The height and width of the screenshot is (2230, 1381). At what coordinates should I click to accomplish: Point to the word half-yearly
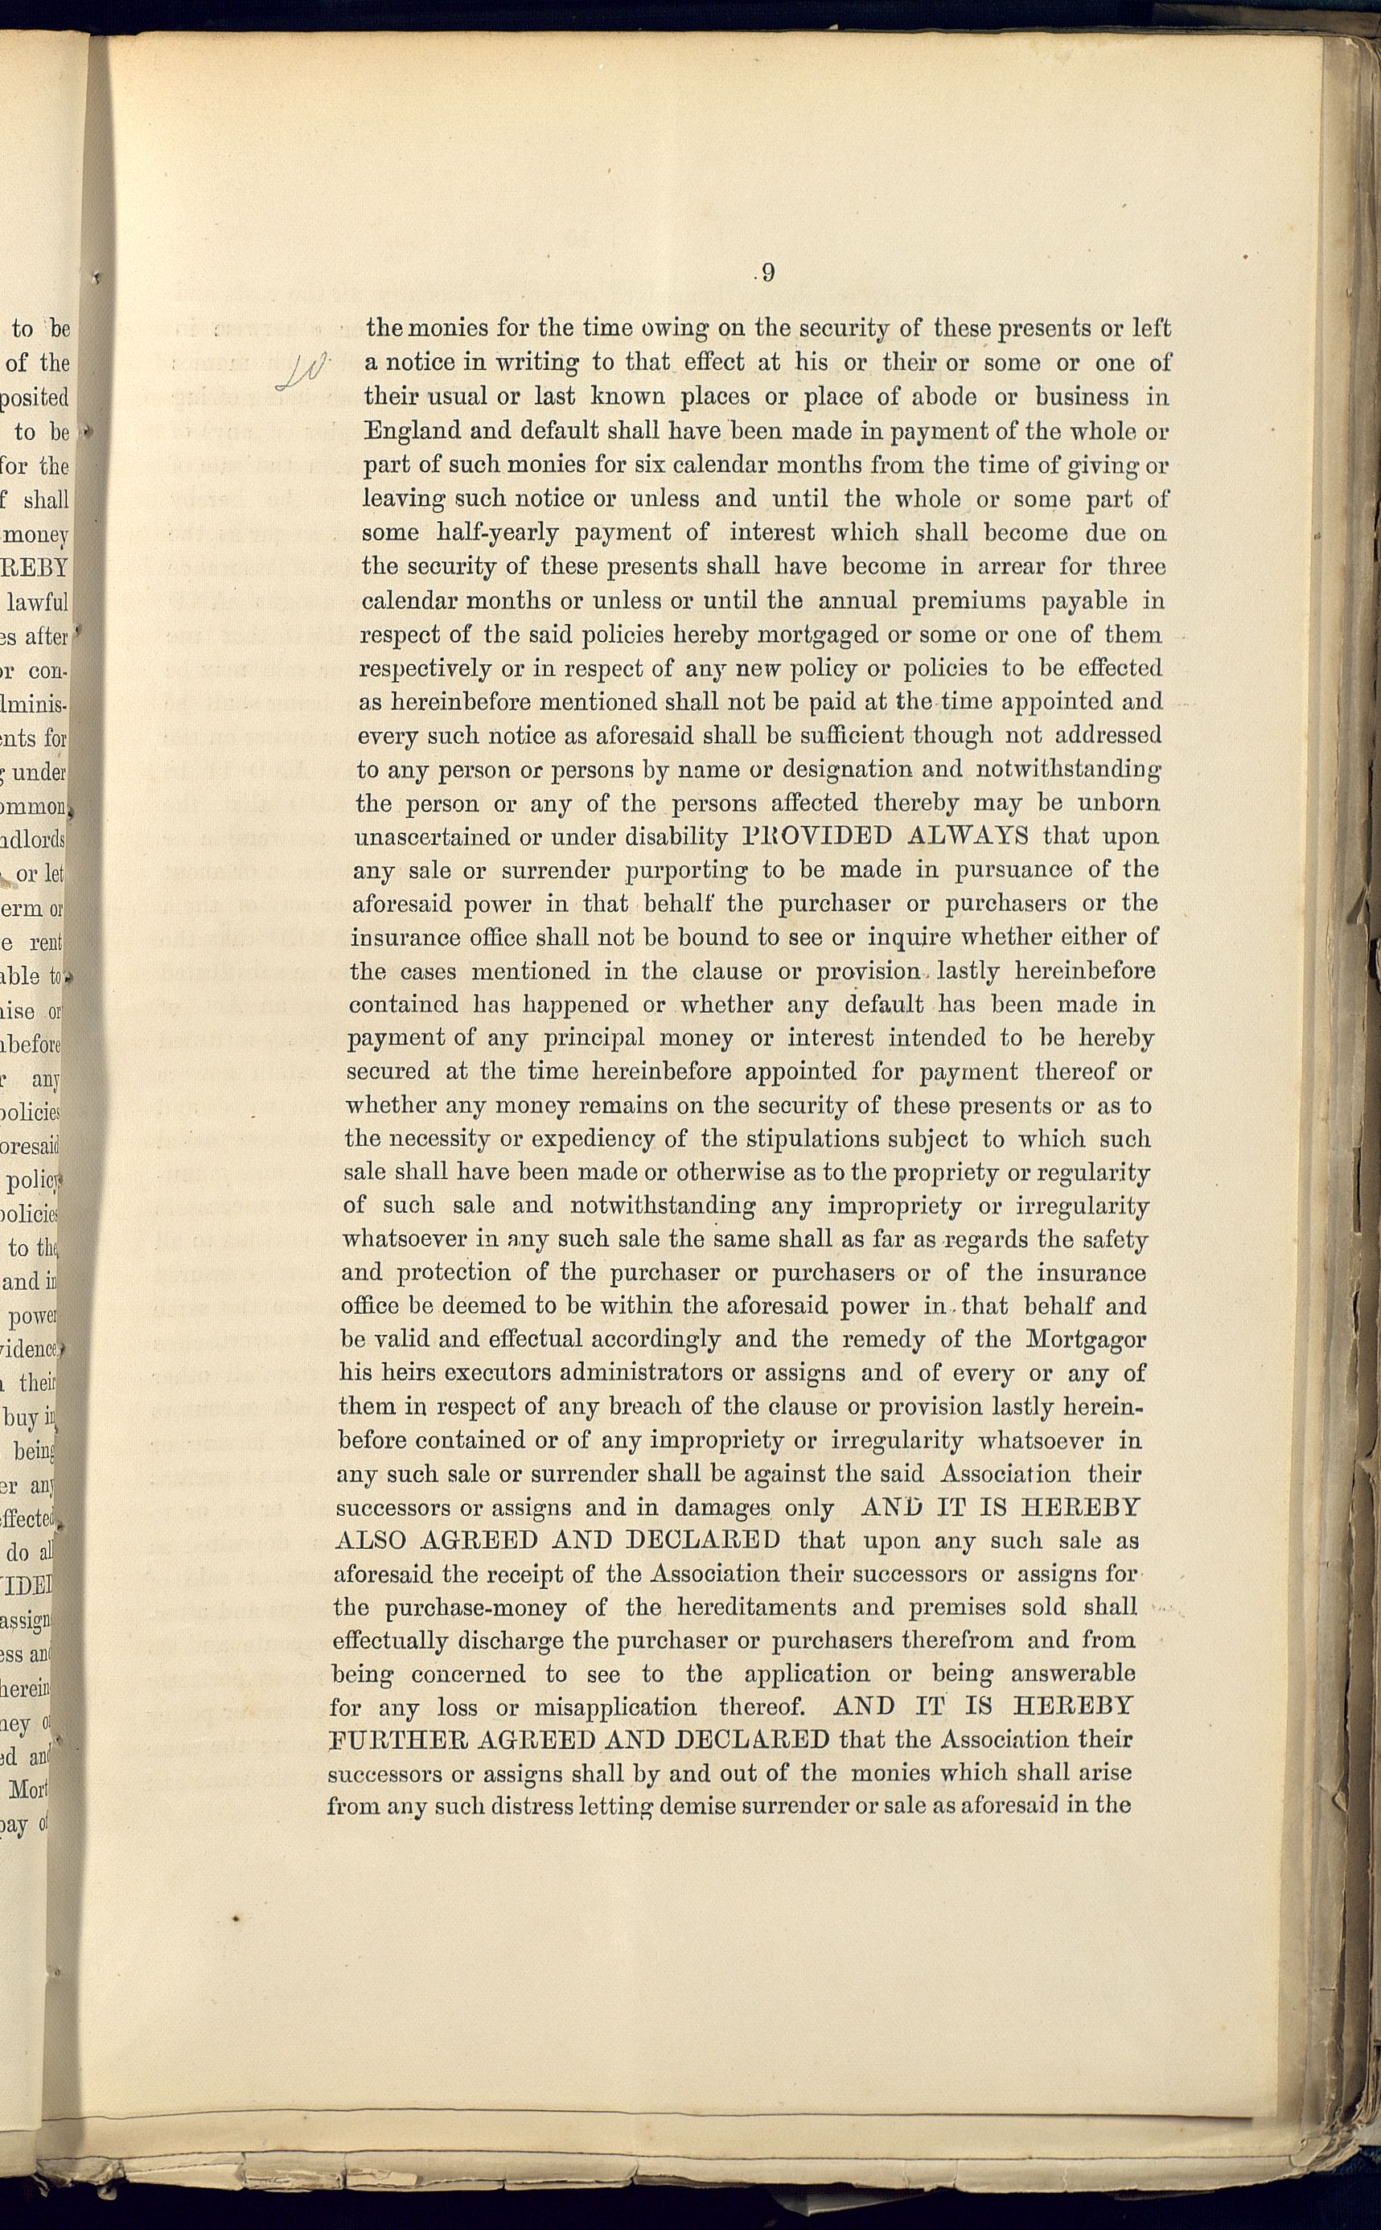(498, 532)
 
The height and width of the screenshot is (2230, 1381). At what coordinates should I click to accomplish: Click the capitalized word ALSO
(370, 1540)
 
